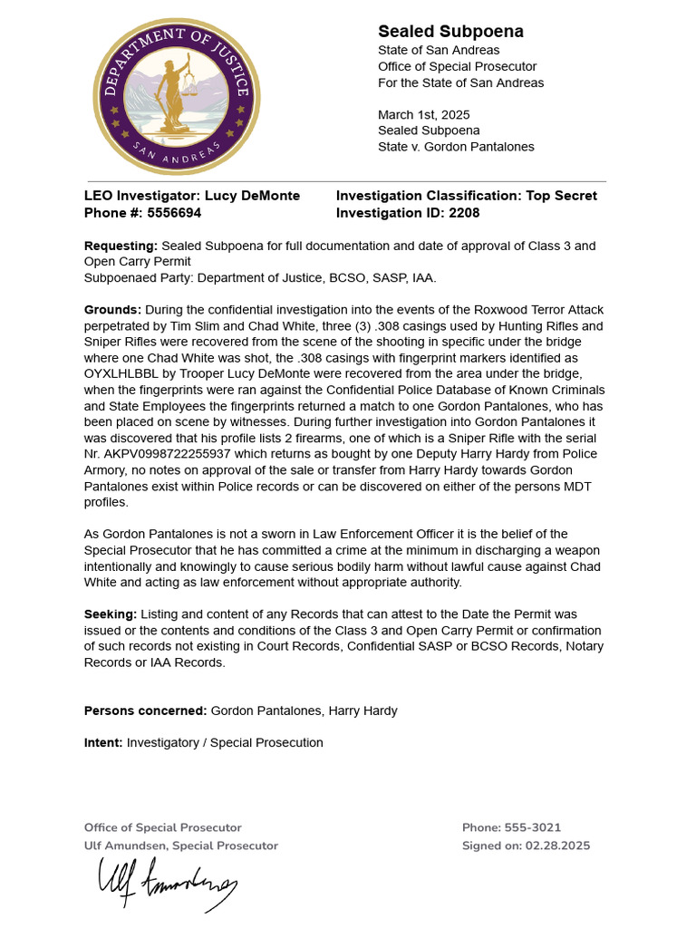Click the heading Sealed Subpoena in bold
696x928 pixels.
[450, 32]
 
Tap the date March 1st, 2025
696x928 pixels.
[423, 115]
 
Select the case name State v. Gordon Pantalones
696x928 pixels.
[456, 147]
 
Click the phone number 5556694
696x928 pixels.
[172, 213]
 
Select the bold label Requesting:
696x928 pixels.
[121, 246]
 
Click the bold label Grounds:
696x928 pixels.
[112, 309]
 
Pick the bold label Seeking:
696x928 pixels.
[111, 614]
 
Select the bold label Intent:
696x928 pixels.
[103, 742]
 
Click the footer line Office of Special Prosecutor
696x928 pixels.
[162, 827]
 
